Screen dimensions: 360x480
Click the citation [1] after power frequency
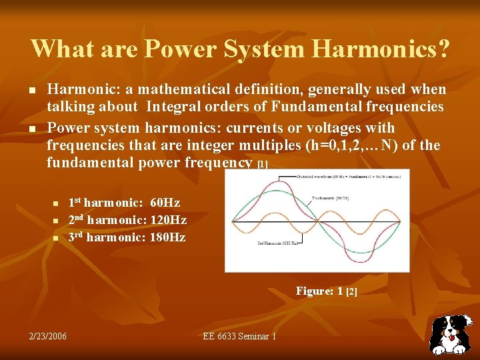click(x=262, y=165)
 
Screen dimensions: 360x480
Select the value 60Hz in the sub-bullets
click(x=165, y=203)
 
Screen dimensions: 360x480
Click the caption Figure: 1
click(x=319, y=291)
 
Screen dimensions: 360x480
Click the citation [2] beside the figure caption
click(x=351, y=291)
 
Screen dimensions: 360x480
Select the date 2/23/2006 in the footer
click(x=47, y=336)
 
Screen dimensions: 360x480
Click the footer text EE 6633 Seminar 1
click(x=239, y=336)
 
